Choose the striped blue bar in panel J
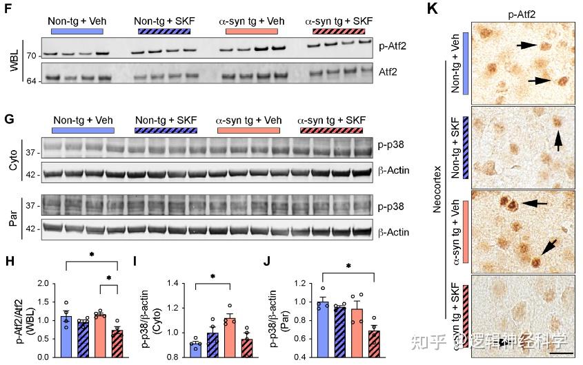(x=339, y=331)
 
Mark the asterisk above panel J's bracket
(x=348, y=266)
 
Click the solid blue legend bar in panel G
(x=83, y=130)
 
